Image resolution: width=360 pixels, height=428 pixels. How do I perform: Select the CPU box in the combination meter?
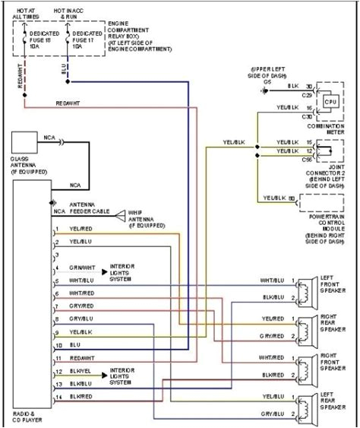coord(330,101)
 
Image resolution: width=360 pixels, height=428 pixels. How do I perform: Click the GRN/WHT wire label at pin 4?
coord(81,268)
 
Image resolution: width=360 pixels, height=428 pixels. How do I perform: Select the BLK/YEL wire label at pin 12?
coord(81,372)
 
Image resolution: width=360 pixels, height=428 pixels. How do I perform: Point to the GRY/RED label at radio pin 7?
coord(81,306)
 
